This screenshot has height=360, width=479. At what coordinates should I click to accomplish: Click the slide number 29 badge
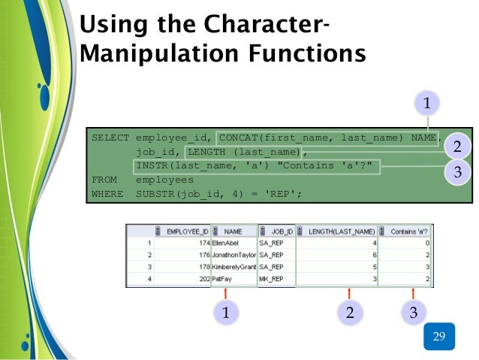439,336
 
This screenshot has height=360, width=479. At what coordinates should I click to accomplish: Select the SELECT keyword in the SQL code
110,138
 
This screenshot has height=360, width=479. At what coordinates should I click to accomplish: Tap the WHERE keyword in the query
107,195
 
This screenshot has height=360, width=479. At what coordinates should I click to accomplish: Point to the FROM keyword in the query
104,180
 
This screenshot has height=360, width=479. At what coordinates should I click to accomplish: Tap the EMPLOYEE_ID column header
186,232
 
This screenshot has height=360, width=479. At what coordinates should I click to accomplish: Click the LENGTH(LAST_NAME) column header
341,232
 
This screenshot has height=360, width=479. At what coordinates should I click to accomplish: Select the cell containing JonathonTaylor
234,256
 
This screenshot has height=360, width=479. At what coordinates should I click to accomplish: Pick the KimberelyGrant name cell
234,267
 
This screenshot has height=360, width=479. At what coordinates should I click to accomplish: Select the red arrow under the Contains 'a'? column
412,292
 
